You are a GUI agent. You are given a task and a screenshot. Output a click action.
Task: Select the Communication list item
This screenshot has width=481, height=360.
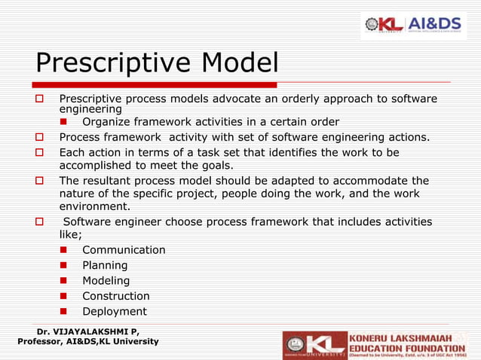[124, 250]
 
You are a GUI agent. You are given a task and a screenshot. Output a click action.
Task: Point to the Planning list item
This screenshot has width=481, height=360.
[105, 265]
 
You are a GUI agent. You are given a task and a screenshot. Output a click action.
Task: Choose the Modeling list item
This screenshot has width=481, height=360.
[106, 281]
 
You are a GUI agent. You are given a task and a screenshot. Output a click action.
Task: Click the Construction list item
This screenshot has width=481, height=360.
[115, 296]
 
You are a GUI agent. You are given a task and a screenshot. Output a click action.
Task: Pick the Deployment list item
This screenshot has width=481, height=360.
[114, 312]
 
